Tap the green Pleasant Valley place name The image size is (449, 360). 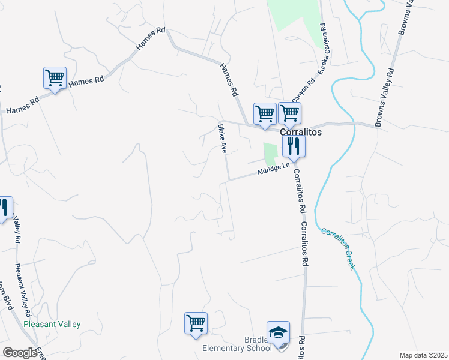click(x=52, y=325)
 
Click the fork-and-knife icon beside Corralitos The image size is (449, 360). click(x=294, y=145)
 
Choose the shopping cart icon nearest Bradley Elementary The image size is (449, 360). click(x=196, y=324)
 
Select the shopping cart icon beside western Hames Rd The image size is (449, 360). click(x=55, y=78)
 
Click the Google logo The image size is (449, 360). click(x=20, y=353)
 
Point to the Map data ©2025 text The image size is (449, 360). click(x=423, y=355)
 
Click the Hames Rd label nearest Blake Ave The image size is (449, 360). click(x=228, y=80)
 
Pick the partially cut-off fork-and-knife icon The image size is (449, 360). click(x=4, y=208)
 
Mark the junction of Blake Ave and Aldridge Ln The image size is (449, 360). click(x=228, y=179)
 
